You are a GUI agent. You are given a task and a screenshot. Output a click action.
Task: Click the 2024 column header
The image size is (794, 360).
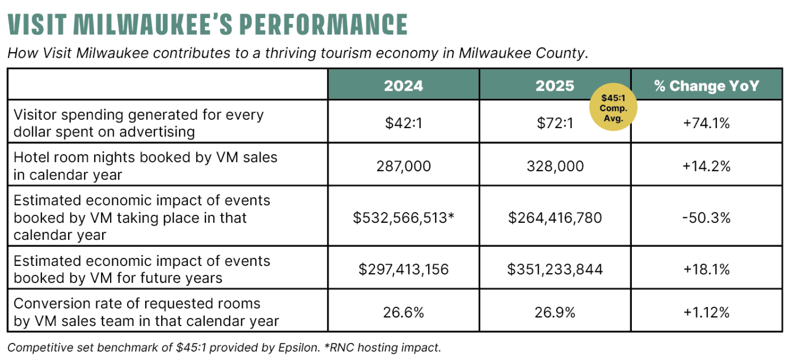coord(403,86)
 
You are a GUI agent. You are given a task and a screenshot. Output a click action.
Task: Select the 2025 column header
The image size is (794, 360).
coord(555,86)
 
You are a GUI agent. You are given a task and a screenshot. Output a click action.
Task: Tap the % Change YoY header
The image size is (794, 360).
coord(706,86)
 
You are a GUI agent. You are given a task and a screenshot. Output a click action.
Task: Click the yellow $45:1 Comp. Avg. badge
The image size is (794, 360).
coord(614,108)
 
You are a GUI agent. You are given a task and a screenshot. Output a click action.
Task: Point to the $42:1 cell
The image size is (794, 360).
coord(403,123)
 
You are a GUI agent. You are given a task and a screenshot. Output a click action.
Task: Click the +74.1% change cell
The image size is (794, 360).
coord(706,123)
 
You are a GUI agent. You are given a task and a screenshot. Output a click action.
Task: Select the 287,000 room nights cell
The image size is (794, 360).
coord(403,166)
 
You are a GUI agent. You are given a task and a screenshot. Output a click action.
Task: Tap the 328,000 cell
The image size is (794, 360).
coord(555,166)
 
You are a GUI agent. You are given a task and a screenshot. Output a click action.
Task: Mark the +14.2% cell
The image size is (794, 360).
coord(706,166)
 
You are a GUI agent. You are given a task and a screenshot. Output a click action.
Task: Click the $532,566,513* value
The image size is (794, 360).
coord(403,218)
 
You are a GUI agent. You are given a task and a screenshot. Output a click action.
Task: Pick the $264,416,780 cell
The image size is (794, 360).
coord(555,218)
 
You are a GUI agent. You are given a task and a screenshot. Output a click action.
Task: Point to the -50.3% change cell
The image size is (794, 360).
coord(706,218)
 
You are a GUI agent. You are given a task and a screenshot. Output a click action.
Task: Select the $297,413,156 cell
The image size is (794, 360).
coord(403,269)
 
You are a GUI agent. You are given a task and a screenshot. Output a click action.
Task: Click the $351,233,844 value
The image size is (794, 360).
coord(555,269)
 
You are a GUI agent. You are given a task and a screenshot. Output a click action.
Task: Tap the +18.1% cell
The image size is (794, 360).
coord(706,269)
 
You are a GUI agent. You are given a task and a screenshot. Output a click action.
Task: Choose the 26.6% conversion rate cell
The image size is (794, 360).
coord(403,312)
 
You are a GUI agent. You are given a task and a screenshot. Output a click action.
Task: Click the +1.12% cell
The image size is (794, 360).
coord(706,312)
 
